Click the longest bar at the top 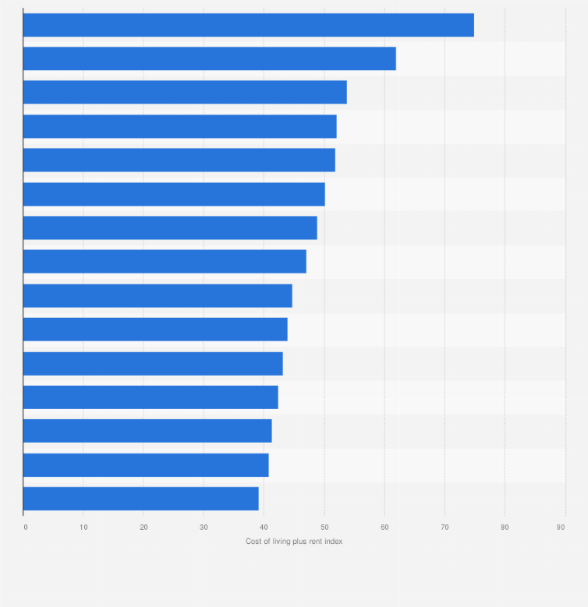pos(248,25)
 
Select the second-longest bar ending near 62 pos(209,58)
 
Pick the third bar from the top pos(185,92)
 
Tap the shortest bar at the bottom pos(140,499)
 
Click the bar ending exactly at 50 pos(174,194)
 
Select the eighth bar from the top pos(165,262)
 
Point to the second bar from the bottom pos(146,465)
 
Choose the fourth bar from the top pos(179,126)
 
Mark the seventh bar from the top pos(170,228)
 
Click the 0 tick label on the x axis pos(25,528)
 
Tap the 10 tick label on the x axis pos(83,528)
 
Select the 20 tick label pos(143,528)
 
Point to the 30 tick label pos(204,528)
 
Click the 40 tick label pos(264,528)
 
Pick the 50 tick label pos(324,528)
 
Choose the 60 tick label pos(384,528)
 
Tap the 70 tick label pos(445,528)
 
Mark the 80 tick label pos(505,528)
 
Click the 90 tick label pos(561,528)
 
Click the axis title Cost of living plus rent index pos(294,542)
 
